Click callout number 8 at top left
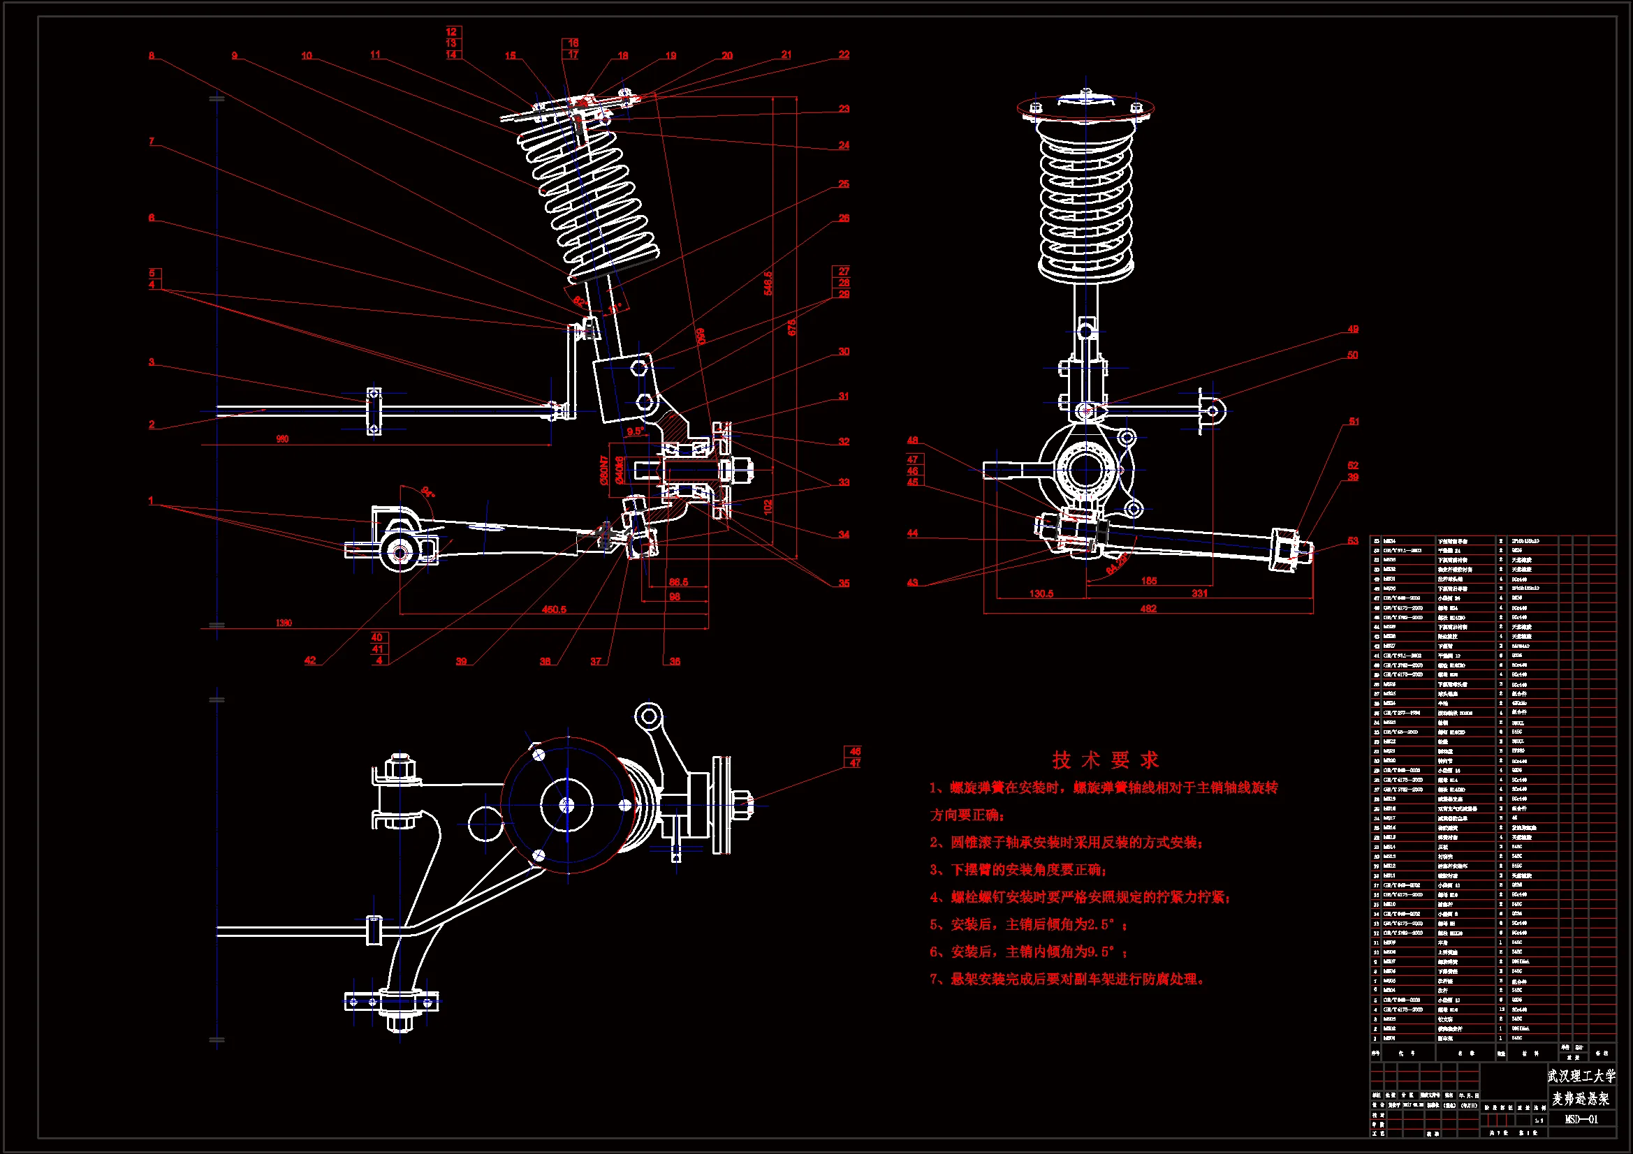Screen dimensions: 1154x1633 coord(152,55)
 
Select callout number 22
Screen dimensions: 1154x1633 coord(844,54)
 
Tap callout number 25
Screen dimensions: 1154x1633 coord(844,184)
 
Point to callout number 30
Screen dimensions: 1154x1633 coord(844,351)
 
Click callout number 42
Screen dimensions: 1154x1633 coord(310,660)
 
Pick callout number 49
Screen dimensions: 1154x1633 coord(1353,330)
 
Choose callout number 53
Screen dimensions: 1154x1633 coord(1353,540)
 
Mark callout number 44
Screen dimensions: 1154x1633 coord(912,533)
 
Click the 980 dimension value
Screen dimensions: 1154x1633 coord(282,439)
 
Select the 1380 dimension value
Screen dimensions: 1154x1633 coord(284,623)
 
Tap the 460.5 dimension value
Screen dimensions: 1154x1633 coord(554,609)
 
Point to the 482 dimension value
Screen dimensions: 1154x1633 coord(1148,609)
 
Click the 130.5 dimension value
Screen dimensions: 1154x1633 coord(1041,593)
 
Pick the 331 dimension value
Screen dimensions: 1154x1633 coord(1199,593)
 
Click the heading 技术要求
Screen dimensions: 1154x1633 coord(1105,760)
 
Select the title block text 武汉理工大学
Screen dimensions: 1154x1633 coord(1581,1075)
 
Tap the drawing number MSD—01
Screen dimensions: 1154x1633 coord(1581,1119)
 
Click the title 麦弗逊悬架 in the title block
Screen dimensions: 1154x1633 coord(1581,1099)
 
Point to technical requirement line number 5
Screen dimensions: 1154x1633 coord(1028,924)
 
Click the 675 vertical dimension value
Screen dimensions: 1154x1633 coord(791,328)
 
